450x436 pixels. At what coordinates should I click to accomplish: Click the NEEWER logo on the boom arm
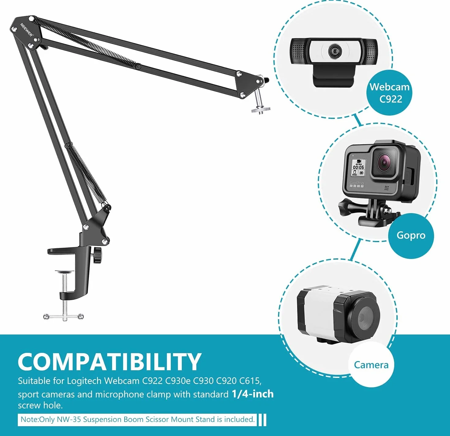pyautogui.click(x=26, y=30)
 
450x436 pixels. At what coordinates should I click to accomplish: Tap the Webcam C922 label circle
pyautogui.click(x=389, y=93)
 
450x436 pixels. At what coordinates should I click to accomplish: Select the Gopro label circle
pyautogui.click(x=411, y=235)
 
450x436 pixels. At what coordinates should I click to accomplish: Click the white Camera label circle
pyautogui.click(x=371, y=365)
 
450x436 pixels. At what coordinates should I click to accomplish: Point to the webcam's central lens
pyautogui.click(x=334, y=51)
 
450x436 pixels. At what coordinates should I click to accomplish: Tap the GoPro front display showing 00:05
pyautogui.click(x=358, y=167)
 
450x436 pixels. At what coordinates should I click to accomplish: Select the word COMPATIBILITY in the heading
pyautogui.click(x=109, y=362)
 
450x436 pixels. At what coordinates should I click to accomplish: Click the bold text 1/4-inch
pyautogui.click(x=253, y=394)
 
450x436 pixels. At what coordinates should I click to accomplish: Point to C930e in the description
pyautogui.click(x=178, y=381)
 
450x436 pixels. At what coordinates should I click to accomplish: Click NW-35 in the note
pyautogui.click(x=69, y=419)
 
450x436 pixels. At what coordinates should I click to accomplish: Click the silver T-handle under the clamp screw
pyautogui.click(x=63, y=316)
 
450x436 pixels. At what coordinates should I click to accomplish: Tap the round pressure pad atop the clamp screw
pyautogui.click(x=65, y=271)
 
